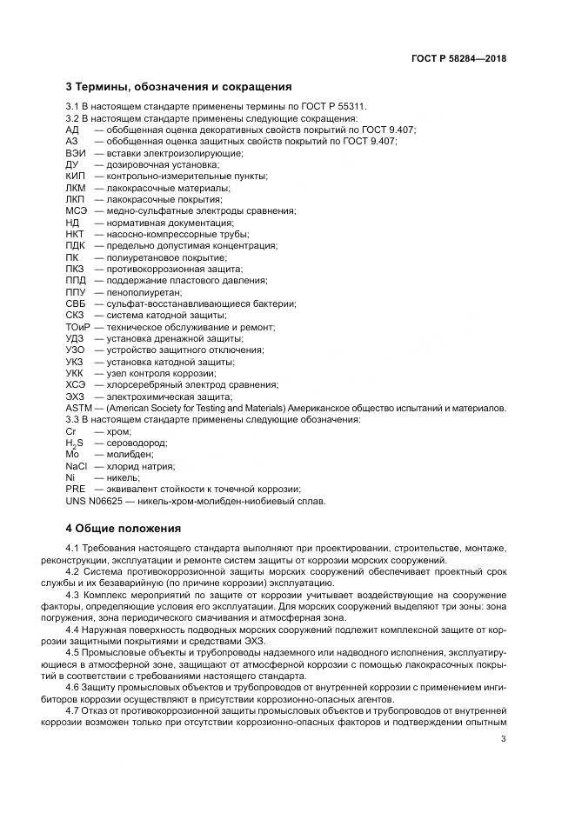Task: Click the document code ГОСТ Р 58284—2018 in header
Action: point(458,58)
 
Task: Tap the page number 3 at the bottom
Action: point(504,740)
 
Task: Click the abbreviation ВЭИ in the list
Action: point(77,152)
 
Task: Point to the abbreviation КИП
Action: point(76,176)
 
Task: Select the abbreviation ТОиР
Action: point(78,327)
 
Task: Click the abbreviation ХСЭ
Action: point(77,384)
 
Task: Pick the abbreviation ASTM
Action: point(79,408)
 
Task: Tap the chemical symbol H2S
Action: point(75,443)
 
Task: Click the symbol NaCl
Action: point(77,466)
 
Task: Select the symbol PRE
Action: point(75,490)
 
